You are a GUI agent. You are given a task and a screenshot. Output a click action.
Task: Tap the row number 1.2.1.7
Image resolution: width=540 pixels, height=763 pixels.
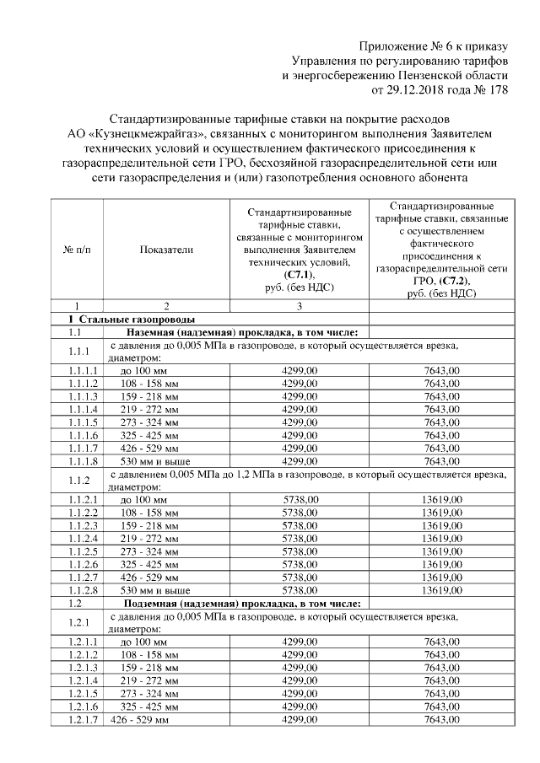pyautogui.click(x=84, y=720)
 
